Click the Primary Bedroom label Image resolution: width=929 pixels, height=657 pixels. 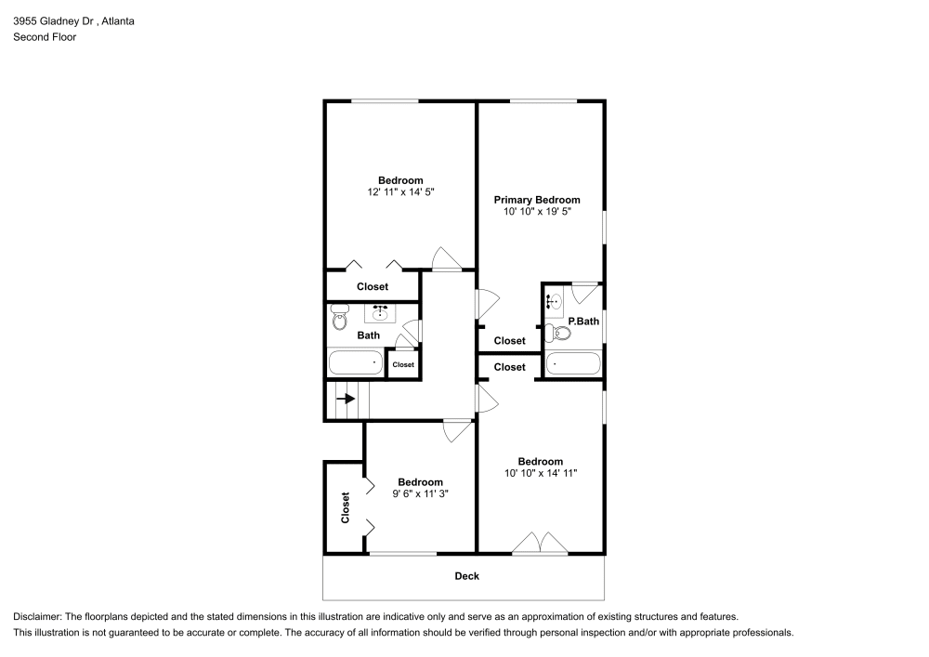pyautogui.click(x=536, y=200)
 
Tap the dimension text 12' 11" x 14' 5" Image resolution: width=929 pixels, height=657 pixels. pyautogui.click(x=400, y=192)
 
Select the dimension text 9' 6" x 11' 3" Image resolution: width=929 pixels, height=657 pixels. pyautogui.click(x=420, y=493)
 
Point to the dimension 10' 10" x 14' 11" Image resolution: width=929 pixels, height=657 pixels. pyautogui.click(x=540, y=473)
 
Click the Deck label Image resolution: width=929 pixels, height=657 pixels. pyautogui.click(x=466, y=576)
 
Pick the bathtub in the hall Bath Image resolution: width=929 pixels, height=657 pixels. pyautogui.click(x=355, y=362)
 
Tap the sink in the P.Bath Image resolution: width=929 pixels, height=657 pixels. pyautogui.click(x=554, y=301)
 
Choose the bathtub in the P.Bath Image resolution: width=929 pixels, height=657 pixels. pyautogui.click(x=573, y=363)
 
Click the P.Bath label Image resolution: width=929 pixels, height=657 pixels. pyautogui.click(x=583, y=322)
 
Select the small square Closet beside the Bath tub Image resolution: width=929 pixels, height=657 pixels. pyautogui.click(x=403, y=364)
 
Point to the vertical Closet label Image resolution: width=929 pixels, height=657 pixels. pyautogui.click(x=346, y=506)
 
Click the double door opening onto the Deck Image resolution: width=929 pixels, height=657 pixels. pyautogui.click(x=540, y=545)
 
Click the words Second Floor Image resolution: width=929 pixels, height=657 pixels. pyautogui.click(x=44, y=37)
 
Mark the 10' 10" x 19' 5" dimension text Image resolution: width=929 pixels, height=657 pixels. pyautogui.click(x=536, y=212)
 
